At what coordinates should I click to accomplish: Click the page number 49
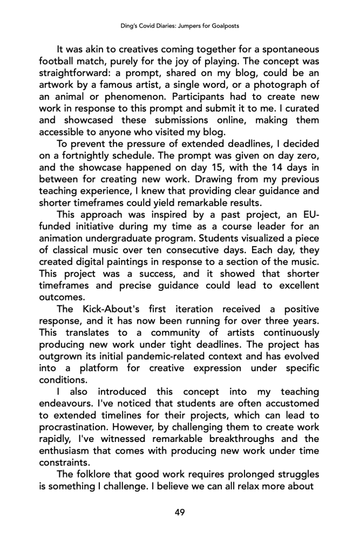tap(180, 512)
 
